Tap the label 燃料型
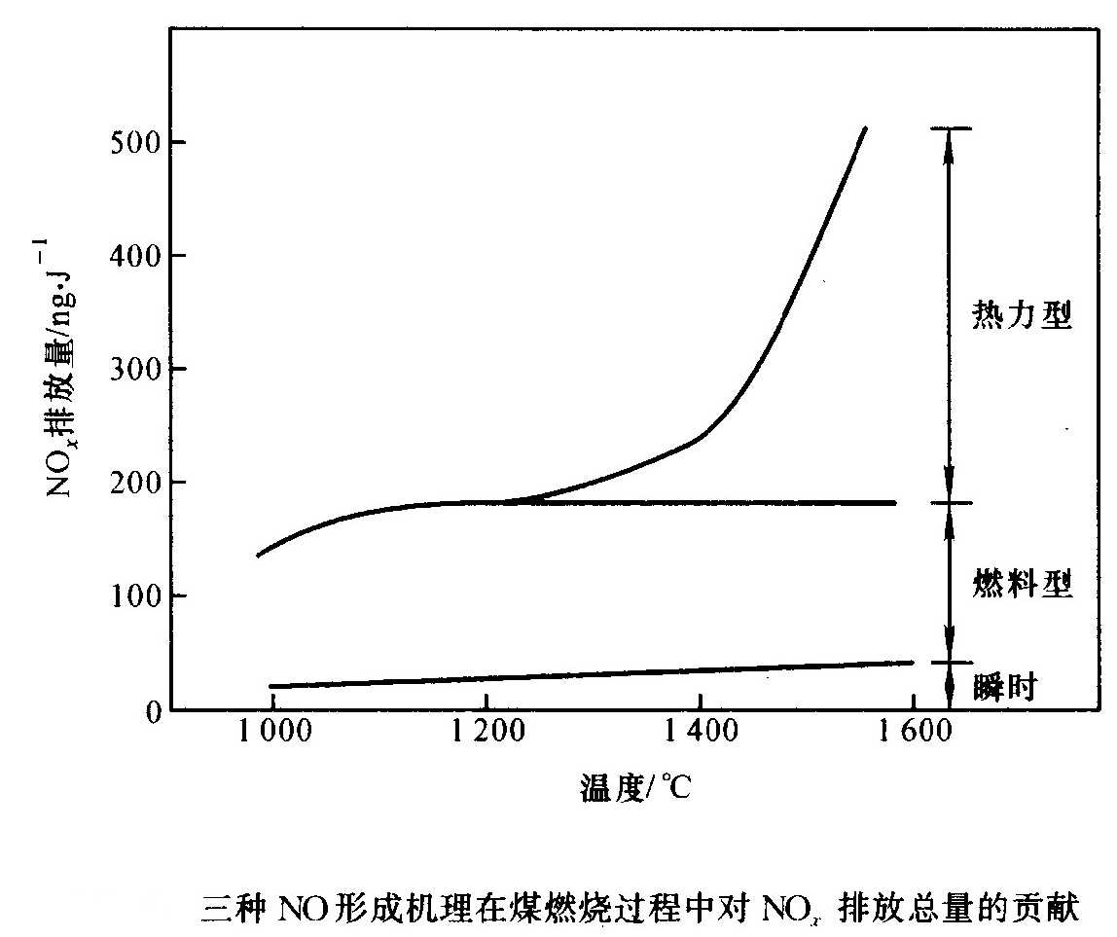click(1022, 585)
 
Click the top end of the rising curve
click(865, 127)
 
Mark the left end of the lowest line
click(270, 686)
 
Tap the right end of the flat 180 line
click(894, 503)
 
